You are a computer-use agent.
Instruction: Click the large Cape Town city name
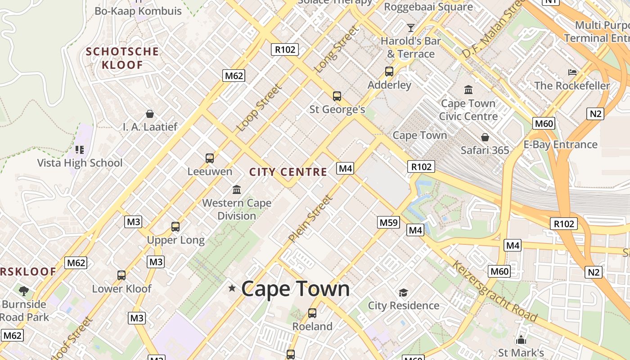pyautogui.click(x=295, y=288)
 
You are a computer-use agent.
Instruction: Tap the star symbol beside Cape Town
pyautogui.click(x=232, y=288)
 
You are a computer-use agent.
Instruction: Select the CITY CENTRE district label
pyautogui.click(x=288, y=172)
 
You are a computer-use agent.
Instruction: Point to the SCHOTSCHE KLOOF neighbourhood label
pyautogui.click(x=122, y=58)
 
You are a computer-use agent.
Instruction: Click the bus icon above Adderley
pyautogui.click(x=389, y=72)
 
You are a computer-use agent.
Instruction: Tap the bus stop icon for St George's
pyautogui.click(x=337, y=96)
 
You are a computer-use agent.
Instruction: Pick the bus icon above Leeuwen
pyautogui.click(x=210, y=158)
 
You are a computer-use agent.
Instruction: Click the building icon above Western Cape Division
pyautogui.click(x=237, y=189)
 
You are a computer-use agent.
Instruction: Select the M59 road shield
pyautogui.click(x=388, y=222)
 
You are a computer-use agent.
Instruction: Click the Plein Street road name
pyautogui.click(x=310, y=218)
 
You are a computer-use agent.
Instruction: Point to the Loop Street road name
pyautogui.click(x=259, y=108)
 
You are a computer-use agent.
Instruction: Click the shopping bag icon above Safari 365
pyautogui.click(x=485, y=137)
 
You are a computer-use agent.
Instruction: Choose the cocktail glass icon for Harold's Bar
pyautogui.click(x=410, y=28)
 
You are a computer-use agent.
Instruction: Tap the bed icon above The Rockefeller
pyautogui.click(x=572, y=72)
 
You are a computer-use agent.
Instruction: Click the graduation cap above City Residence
pyautogui.click(x=403, y=293)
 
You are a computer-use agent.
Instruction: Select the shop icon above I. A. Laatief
pyautogui.click(x=150, y=114)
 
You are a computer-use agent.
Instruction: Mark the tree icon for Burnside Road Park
pyautogui.click(x=24, y=291)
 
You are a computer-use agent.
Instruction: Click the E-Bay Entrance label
pyautogui.click(x=560, y=144)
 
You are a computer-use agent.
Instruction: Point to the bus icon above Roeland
pyautogui.click(x=312, y=313)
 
